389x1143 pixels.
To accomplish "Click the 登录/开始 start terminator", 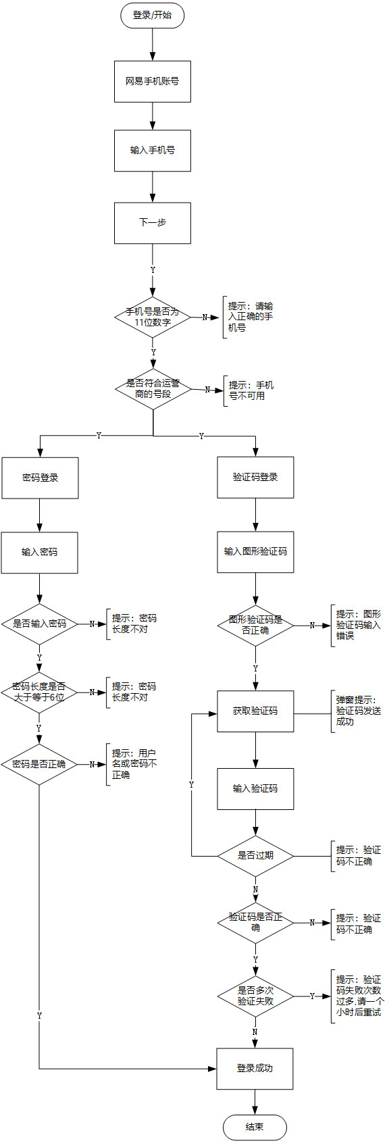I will (152, 16).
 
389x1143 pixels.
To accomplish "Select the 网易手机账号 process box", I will (152, 82).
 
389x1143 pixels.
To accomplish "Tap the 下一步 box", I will (152, 223).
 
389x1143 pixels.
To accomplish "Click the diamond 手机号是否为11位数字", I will (153, 317).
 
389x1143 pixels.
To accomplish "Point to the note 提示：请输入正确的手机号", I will (250, 317).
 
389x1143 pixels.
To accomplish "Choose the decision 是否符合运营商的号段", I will (153, 389).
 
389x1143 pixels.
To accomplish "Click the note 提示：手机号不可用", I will (251, 390).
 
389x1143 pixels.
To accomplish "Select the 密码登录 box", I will (40, 478).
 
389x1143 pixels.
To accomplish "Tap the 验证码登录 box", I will (255, 478).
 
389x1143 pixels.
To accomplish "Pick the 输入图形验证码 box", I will (255, 552).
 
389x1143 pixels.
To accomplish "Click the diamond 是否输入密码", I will (39, 624).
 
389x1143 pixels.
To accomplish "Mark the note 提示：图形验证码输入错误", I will (358, 625).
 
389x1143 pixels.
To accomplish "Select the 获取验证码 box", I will (255, 711).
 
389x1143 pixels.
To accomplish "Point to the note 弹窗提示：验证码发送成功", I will (358, 711).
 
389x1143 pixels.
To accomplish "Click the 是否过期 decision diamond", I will (255, 856).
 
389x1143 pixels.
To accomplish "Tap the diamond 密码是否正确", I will (39, 765).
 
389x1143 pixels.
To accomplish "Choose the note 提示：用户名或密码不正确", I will (134, 764).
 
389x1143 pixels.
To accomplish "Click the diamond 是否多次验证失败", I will (255, 996).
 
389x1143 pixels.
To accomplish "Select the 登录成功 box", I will (255, 1069).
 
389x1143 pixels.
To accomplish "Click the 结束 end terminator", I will (255, 1127).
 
